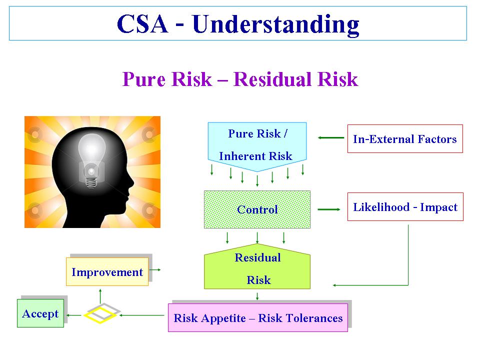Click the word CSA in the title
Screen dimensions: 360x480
142,24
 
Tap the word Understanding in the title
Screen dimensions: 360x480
275,24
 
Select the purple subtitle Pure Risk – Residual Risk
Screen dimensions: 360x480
240,79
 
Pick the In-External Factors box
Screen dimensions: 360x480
404,139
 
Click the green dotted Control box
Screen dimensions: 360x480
257,209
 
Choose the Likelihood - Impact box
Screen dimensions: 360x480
405,207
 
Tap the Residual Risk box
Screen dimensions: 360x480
257,268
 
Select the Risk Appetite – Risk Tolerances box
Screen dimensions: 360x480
258,318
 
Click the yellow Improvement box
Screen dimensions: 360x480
107,272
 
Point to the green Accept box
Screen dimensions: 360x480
40,313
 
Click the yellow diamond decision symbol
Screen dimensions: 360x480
100,314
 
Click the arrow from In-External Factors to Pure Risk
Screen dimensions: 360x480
330,138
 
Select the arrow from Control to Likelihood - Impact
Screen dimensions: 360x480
328,209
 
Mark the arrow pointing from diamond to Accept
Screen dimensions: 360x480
74,315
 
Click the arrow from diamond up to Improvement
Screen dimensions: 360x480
100,295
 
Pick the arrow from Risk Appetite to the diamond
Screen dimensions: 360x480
142,315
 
